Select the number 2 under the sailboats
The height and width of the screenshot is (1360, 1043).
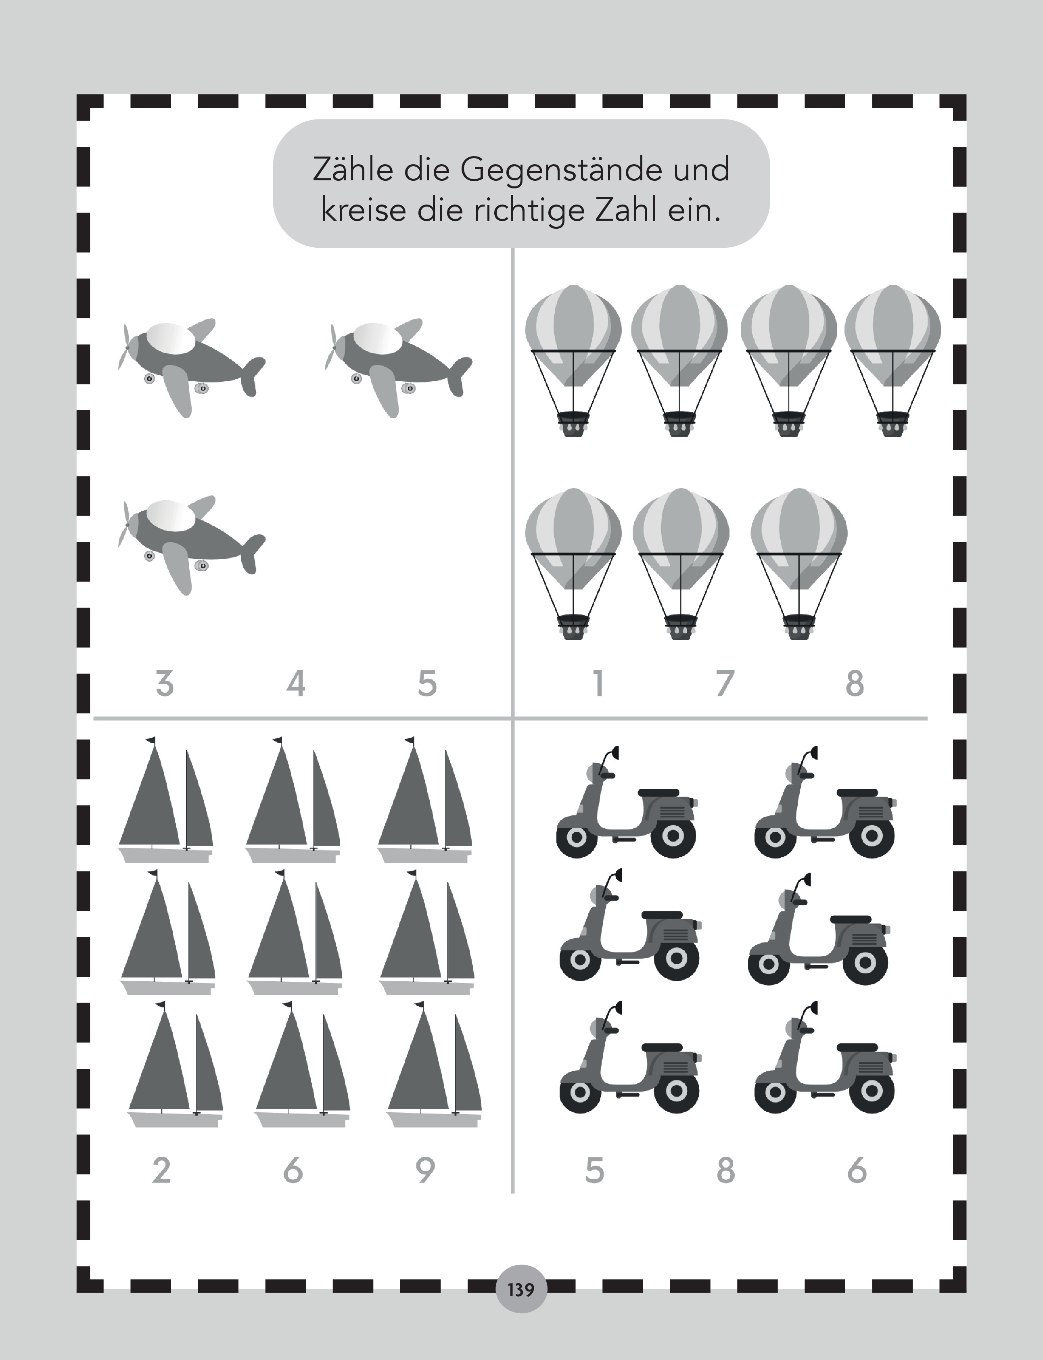point(161,1171)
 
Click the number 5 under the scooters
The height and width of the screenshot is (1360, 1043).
point(594,1171)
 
